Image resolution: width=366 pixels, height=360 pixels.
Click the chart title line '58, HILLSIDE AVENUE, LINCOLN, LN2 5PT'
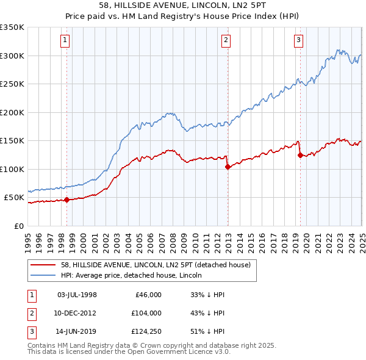pyautogui.click(x=182, y=5)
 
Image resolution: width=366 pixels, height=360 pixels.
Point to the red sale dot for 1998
pyautogui.click(x=66, y=200)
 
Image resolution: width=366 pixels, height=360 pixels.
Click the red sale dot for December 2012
pyautogui.click(x=228, y=167)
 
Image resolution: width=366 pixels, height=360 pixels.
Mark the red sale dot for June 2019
pyautogui.click(x=300, y=155)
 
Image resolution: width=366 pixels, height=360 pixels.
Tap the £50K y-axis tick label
pyautogui.click(x=15, y=198)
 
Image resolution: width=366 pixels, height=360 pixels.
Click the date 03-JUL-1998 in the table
pyautogui.click(x=77, y=295)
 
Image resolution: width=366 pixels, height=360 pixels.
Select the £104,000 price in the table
pyautogui.click(x=146, y=314)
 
